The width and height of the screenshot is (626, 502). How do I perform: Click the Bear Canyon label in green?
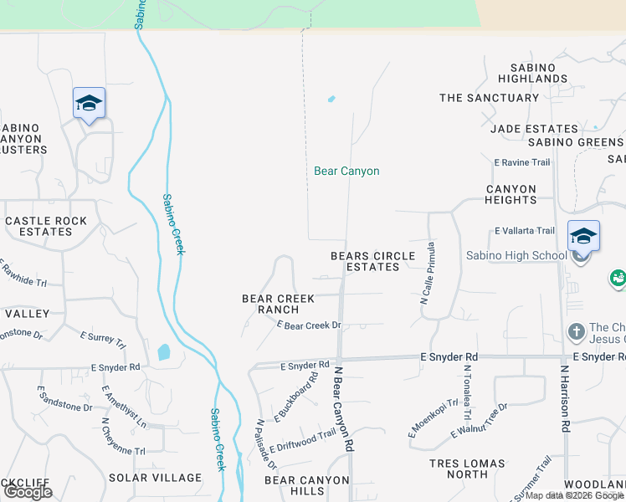346,172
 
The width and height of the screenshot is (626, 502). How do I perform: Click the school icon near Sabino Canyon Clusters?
89,104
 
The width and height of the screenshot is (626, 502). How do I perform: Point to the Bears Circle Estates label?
372,261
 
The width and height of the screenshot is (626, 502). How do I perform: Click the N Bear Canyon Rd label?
341,409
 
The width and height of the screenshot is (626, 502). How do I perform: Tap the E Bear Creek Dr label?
308,325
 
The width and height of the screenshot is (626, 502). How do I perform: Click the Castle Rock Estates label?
46,226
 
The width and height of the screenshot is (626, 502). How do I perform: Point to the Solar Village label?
155,478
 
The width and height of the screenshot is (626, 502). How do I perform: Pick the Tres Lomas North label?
467,469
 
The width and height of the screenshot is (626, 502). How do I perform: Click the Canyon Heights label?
511,194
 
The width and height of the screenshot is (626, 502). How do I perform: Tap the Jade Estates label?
534,129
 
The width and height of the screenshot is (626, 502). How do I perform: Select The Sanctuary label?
489,98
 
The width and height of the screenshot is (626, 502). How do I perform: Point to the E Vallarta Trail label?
524,231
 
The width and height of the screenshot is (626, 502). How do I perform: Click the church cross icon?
576,332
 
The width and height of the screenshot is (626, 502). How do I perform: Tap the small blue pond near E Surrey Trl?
163,352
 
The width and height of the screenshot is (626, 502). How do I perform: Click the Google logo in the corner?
28,492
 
